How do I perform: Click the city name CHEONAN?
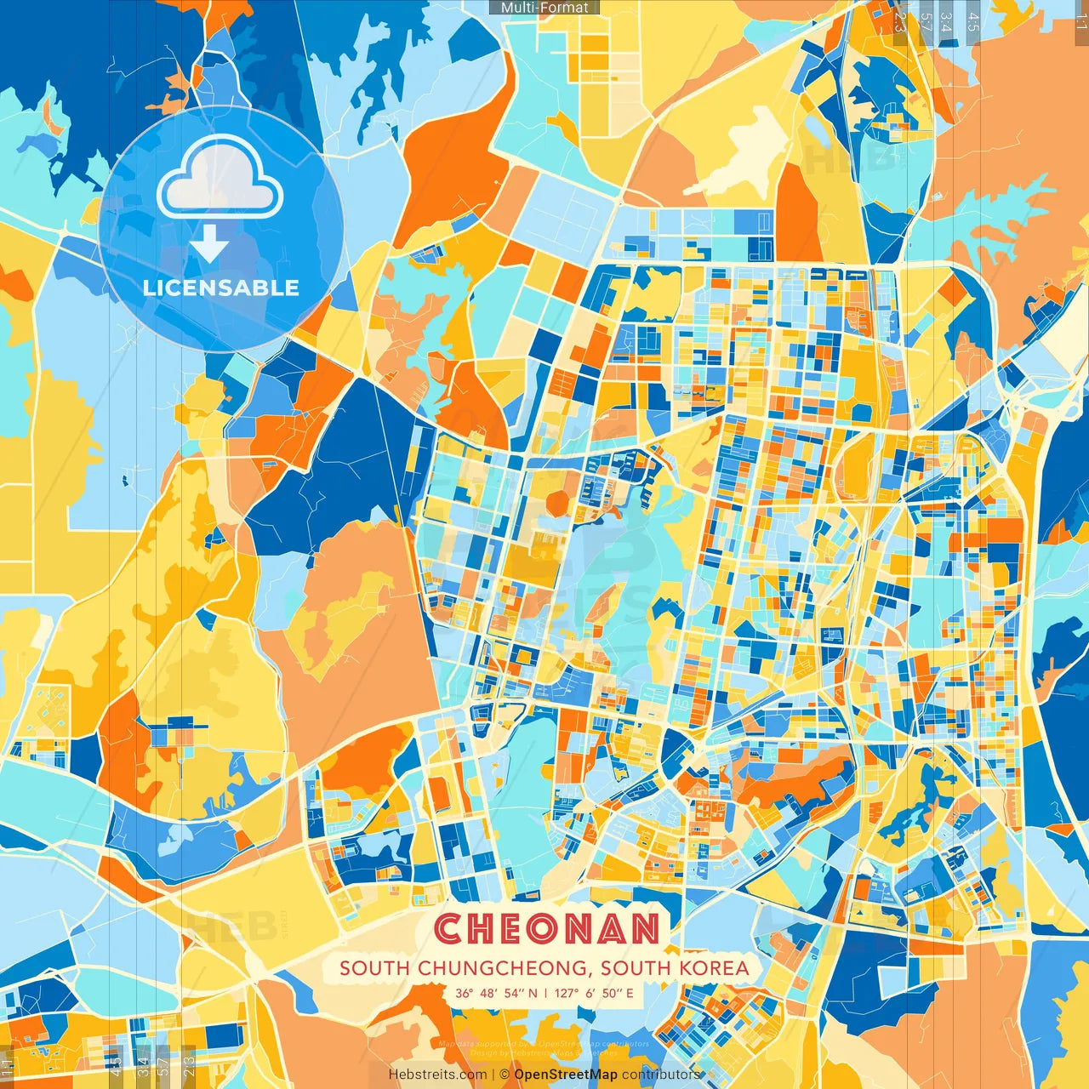click(547, 928)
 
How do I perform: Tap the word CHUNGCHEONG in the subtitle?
click(494, 968)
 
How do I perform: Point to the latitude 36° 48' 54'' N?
click(496, 993)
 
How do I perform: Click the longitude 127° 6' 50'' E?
click(595, 993)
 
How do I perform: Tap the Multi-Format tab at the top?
click(544, 8)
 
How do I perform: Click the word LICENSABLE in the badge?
click(221, 288)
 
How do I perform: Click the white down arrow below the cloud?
click(209, 246)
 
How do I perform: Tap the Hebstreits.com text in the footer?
click(437, 1075)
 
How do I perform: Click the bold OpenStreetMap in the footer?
click(566, 1075)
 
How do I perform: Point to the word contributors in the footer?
click(661, 1075)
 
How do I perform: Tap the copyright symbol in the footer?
click(504, 1075)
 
